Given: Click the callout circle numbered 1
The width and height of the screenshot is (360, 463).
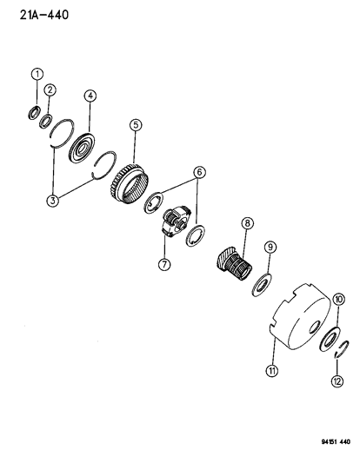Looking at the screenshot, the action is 37,74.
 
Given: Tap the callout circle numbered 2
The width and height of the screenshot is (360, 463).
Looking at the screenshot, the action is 50,89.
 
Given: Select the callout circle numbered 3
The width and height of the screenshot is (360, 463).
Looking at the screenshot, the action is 53,201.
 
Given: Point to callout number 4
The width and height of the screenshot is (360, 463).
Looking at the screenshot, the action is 90,96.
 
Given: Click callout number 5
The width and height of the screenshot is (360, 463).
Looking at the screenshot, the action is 136,125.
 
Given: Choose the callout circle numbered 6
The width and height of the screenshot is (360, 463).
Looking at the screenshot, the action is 199,172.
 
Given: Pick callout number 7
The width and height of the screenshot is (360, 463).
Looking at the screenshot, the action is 164,264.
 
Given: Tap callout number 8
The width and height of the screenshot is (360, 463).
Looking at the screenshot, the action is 247,223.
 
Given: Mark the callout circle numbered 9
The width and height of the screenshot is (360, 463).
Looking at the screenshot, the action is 270,247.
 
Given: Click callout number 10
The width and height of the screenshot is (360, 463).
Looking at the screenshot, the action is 339,300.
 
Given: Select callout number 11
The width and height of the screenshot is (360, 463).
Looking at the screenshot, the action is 272,370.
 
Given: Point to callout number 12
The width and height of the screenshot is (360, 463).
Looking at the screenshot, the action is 337,381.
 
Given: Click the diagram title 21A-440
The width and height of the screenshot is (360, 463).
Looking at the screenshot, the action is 44,15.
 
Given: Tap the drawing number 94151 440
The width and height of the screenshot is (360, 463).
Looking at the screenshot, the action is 336,442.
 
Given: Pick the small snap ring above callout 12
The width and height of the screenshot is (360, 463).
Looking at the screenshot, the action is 343,349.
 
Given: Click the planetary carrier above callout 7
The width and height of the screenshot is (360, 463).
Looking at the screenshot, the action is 176,222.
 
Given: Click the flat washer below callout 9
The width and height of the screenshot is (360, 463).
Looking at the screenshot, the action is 262,285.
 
